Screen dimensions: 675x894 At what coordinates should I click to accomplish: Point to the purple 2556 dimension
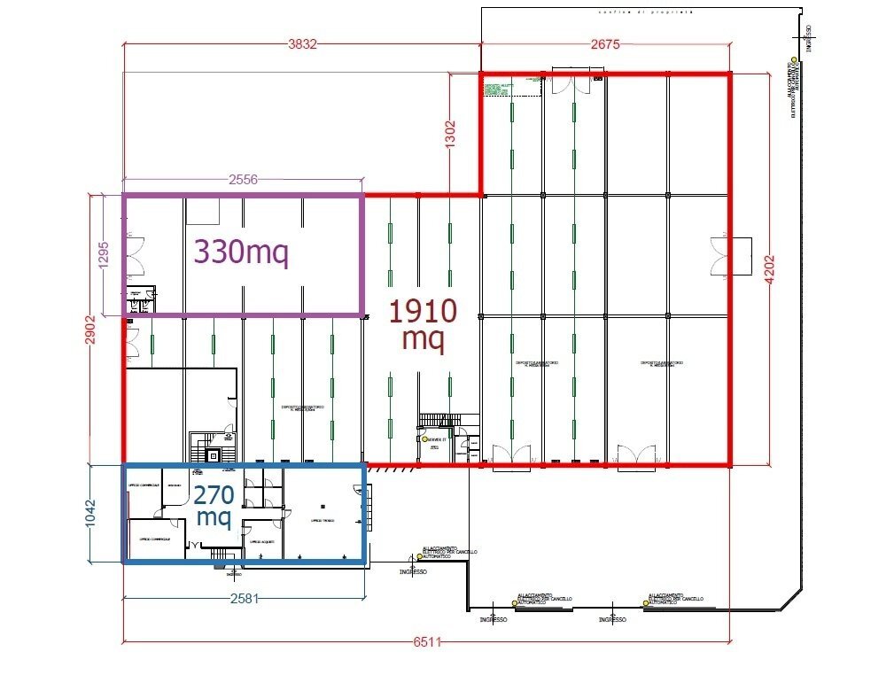coord(242,180)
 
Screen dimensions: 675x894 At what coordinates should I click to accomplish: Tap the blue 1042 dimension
coord(90,514)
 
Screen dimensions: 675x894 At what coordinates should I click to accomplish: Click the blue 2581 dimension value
coord(244,599)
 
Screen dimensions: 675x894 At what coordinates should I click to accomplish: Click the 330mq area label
coord(241,252)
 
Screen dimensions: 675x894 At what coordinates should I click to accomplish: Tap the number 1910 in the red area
coord(424,312)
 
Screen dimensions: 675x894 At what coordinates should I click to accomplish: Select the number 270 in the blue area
coord(213,494)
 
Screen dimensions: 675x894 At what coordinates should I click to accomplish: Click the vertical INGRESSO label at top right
coord(809,36)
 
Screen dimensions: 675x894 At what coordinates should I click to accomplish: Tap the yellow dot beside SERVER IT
coord(426,439)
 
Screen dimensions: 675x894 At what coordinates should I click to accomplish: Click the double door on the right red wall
coord(719,255)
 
